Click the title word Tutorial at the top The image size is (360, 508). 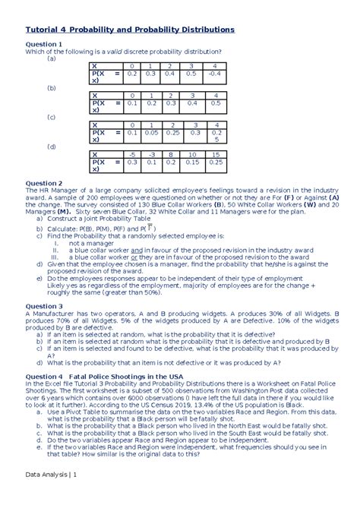point(47,29)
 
